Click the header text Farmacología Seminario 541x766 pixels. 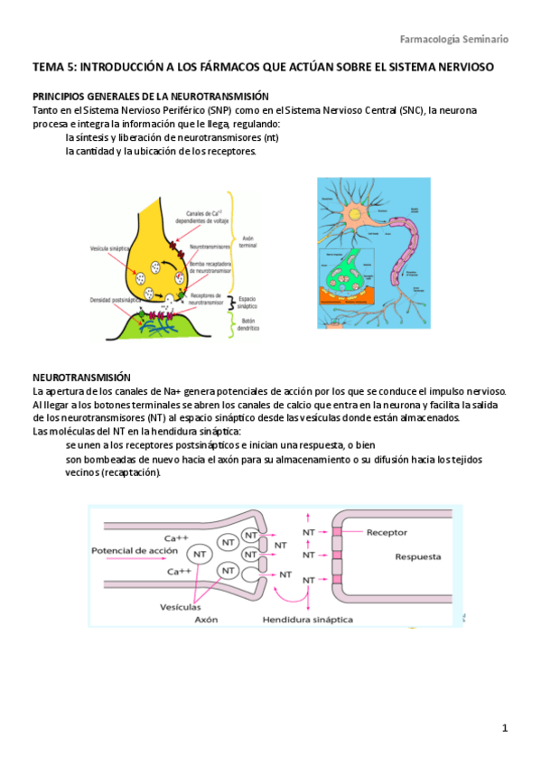pyautogui.click(x=454, y=39)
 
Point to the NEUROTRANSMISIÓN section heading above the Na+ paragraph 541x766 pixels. pyautogui.click(x=81, y=377)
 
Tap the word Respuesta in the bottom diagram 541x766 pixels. pyautogui.click(x=419, y=557)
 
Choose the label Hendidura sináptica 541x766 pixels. pyautogui.click(x=308, y=620)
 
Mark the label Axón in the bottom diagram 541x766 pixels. pyautogui.click(x=207, y=621)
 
